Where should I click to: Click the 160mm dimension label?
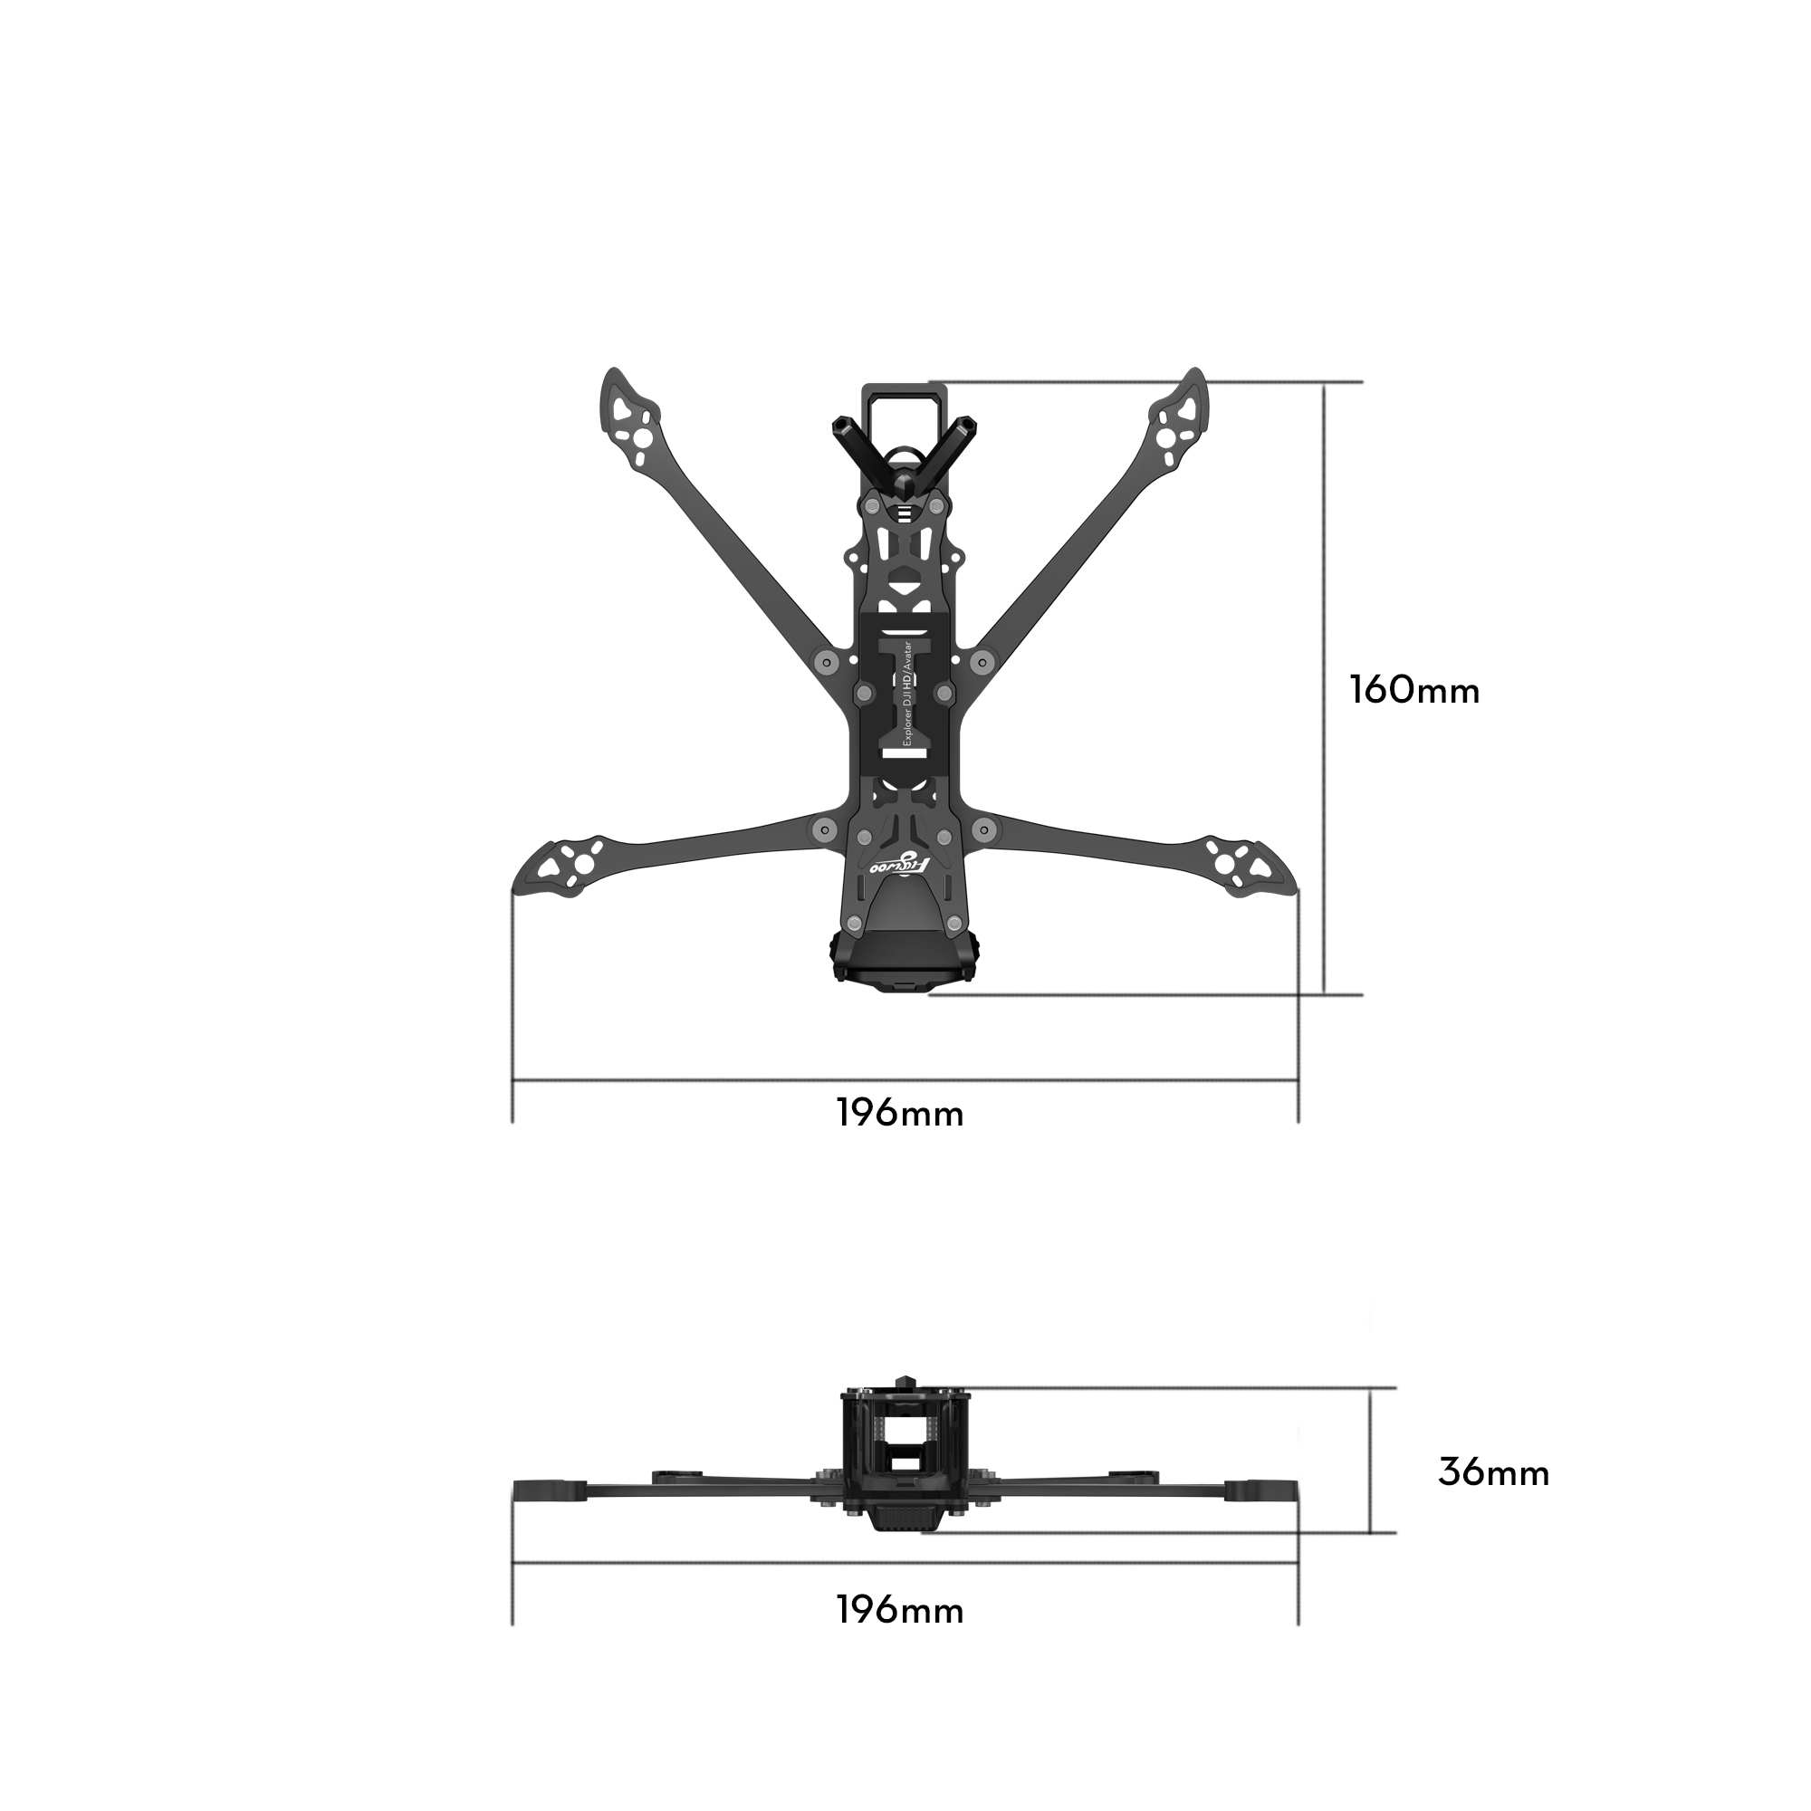tap(1414, 691)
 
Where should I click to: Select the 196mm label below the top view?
tap(900, 1114)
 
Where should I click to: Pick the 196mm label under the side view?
tap(900, 1610)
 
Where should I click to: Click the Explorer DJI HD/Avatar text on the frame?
tap(906, 694)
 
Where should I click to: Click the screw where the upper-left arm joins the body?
tap(825, 661)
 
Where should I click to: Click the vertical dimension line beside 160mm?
tap(1325, 689)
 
